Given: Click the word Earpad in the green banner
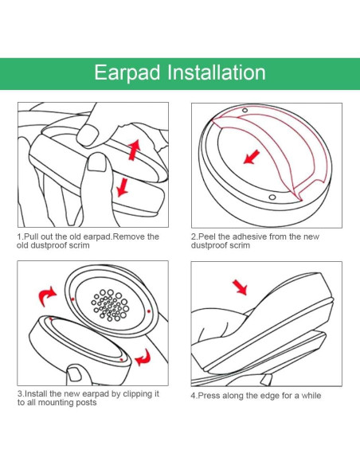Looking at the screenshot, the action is coord(127,73).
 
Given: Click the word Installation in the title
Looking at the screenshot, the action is coord(217,72).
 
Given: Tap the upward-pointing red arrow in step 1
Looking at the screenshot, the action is coord(134,150).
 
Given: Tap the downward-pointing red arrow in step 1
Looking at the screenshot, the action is coord(122,187).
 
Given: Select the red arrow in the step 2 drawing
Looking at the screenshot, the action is coord(252,157).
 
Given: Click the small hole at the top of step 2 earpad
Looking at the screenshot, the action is coord(245,111).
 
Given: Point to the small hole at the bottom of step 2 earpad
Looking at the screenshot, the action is coord(272,197).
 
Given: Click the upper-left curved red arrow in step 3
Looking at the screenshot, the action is coord(47,296).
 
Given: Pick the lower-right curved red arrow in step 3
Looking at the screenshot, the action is coord(143,358).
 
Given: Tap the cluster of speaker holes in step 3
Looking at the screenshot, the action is coord(110,305).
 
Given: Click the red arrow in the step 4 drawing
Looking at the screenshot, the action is coord(240,287).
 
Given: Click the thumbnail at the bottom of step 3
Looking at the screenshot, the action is coord(74,374).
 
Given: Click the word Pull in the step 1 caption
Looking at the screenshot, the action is coord(30,236).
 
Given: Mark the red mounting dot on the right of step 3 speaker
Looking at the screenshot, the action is coord(149,311).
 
